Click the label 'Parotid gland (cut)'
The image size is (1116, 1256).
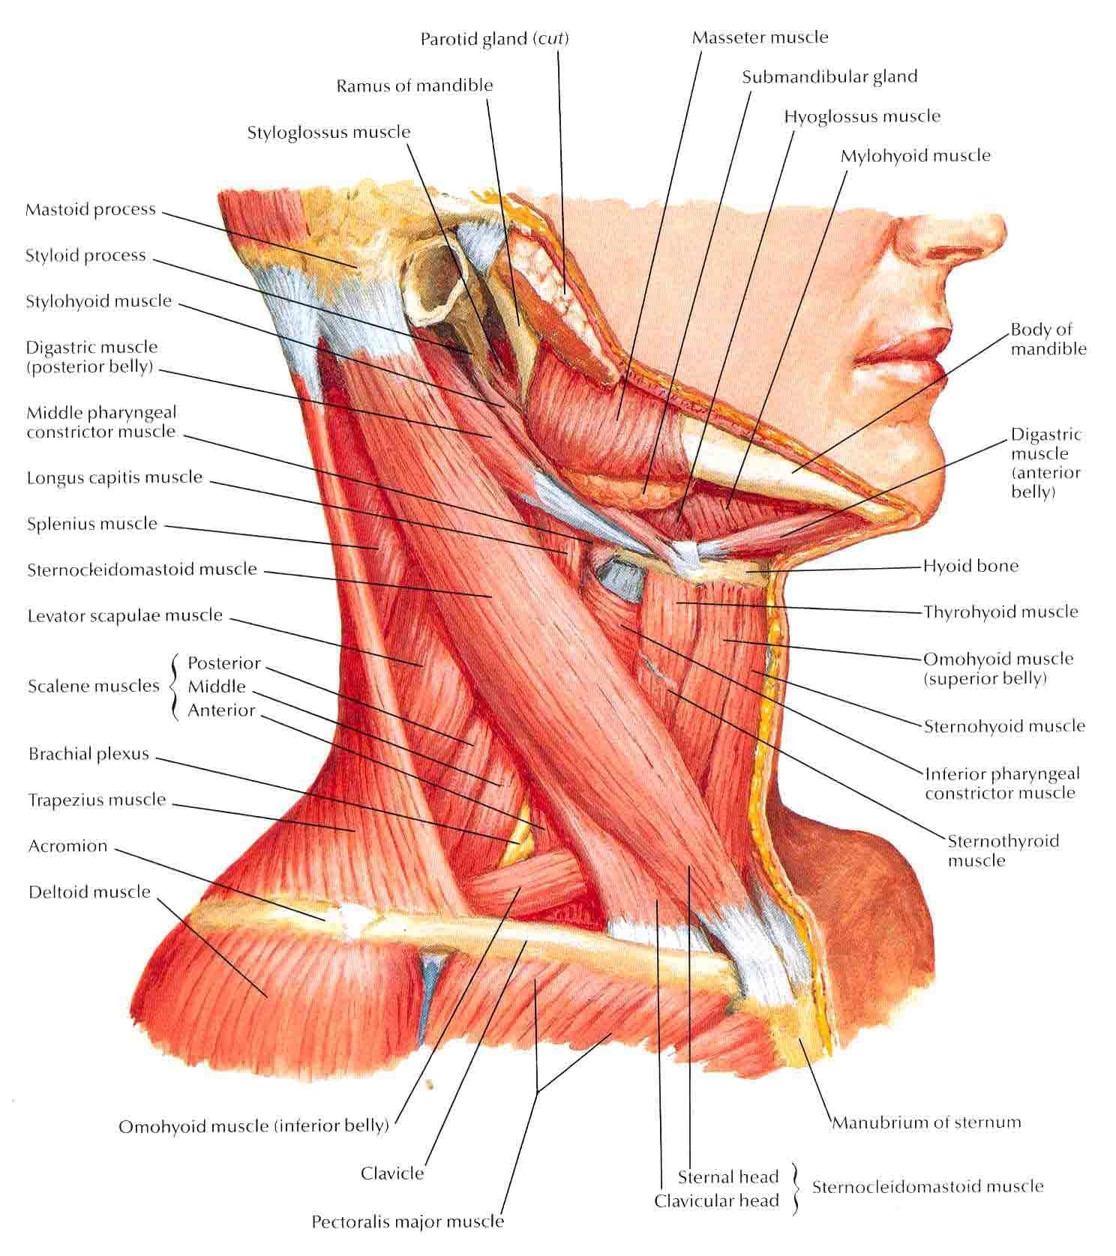point(494,38)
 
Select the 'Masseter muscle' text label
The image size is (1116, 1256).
point(760,37)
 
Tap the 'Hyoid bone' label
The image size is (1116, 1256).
point(970,566)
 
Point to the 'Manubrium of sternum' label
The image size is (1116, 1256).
point(927,1122)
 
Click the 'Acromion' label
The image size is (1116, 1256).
point(68,846)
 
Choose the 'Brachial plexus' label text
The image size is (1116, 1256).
point(89,754)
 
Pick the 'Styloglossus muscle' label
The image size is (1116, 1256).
point(329,133)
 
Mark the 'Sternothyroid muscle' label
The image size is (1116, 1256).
point(1003,851)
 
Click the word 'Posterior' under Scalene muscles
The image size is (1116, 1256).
point(224,663)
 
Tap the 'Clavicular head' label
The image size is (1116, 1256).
point(717,1201)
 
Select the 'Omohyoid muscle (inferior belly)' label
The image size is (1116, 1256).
point(254,1126)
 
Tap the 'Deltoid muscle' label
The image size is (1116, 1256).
point(90,892)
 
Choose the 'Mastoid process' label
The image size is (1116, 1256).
point(91,209)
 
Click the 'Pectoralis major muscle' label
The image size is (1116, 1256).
point(408,1222)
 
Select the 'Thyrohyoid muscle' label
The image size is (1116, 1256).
point(1000,612)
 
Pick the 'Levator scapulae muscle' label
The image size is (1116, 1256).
point(125,616)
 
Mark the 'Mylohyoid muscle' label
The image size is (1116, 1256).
point(916,156)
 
